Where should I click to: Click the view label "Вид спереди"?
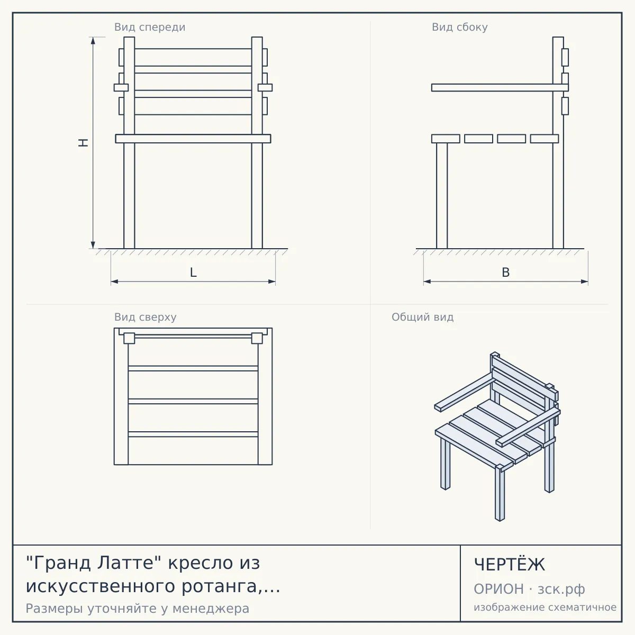pyautogui.click(x=150, y=27)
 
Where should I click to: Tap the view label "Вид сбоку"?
pyautogui.click(x=460, y=27)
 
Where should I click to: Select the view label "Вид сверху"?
pyautogui.click(x=146, y=317)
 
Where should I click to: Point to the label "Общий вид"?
pyautogui.click(x=422, y=317)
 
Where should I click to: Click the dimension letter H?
pyautogui.click(x=84, y=143)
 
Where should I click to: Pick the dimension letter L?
pyautogui.click(x=194, y=273)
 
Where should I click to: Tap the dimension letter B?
pyautogui.click(x=505, y=273)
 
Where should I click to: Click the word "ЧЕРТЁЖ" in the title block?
pyautogui.click(x=510, y=565)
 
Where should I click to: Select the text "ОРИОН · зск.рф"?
pyautogui.click(x=529, y=589)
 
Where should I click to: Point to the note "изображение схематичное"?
pyautogui.click(x=545, y=607)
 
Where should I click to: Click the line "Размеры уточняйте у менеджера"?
pyautogui.click(x=138, y=609)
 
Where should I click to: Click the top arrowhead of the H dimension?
pyautogui.click(x=93, y=40)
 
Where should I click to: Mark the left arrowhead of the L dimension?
pyautogui.click(x=114, y=282)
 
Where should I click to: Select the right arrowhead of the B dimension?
pyautogui.click(x=585, y=282)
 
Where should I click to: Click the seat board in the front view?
pyautogui.click(x=193, y=139)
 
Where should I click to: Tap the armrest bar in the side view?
pyautogui.click(x=500, y=87)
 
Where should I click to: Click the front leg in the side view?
pyautogui.click(x=442, y=196)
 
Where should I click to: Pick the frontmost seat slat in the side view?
pyautogui.click(x=446, y=139)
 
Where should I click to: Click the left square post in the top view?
pyautogui.click(x=129, y=338)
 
